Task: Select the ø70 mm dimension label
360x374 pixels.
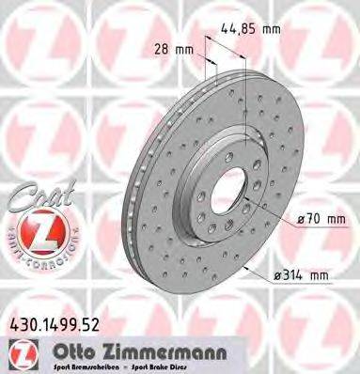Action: click(322, 220)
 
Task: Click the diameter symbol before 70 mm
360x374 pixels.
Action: click(301, 220)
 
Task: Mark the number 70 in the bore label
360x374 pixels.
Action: click(314, 220)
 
